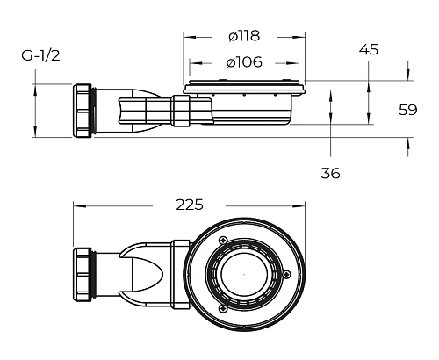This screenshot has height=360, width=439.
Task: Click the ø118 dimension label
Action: [x=244, y=36]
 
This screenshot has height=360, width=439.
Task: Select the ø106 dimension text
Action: [x=244, y=62]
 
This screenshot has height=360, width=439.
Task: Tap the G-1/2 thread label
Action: [x=40, y=55]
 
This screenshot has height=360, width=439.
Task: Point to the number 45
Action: [x=369, y=49]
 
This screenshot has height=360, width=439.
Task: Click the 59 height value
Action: [x=407, y=110]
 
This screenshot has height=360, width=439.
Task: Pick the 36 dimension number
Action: [x=330, y=173]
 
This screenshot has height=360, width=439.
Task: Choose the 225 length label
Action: [x=190, y=205]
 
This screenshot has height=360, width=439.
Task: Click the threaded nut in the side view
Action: [x=83, y=111]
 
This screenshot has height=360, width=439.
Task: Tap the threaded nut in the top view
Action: [x=83, y=274]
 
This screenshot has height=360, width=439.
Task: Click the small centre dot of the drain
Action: [x=244, y=275]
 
